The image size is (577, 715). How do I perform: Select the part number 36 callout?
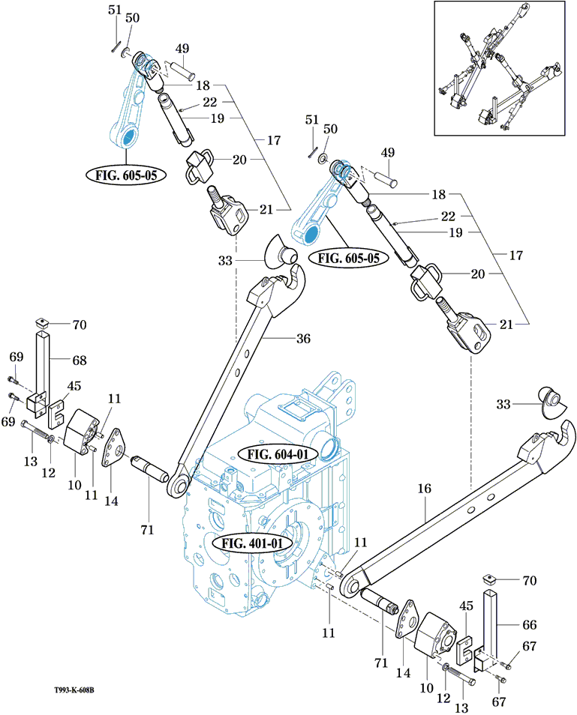tap(302, 339)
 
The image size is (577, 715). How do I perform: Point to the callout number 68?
tap(79, 360)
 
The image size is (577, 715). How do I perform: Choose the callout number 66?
tap(530, 624)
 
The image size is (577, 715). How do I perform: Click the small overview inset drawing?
tap(498, 69)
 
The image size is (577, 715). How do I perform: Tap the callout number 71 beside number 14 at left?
tap(146, 529)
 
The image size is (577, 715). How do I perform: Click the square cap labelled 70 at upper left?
tap(44, 323)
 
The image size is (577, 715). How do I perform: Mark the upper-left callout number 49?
tap(182, 49)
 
